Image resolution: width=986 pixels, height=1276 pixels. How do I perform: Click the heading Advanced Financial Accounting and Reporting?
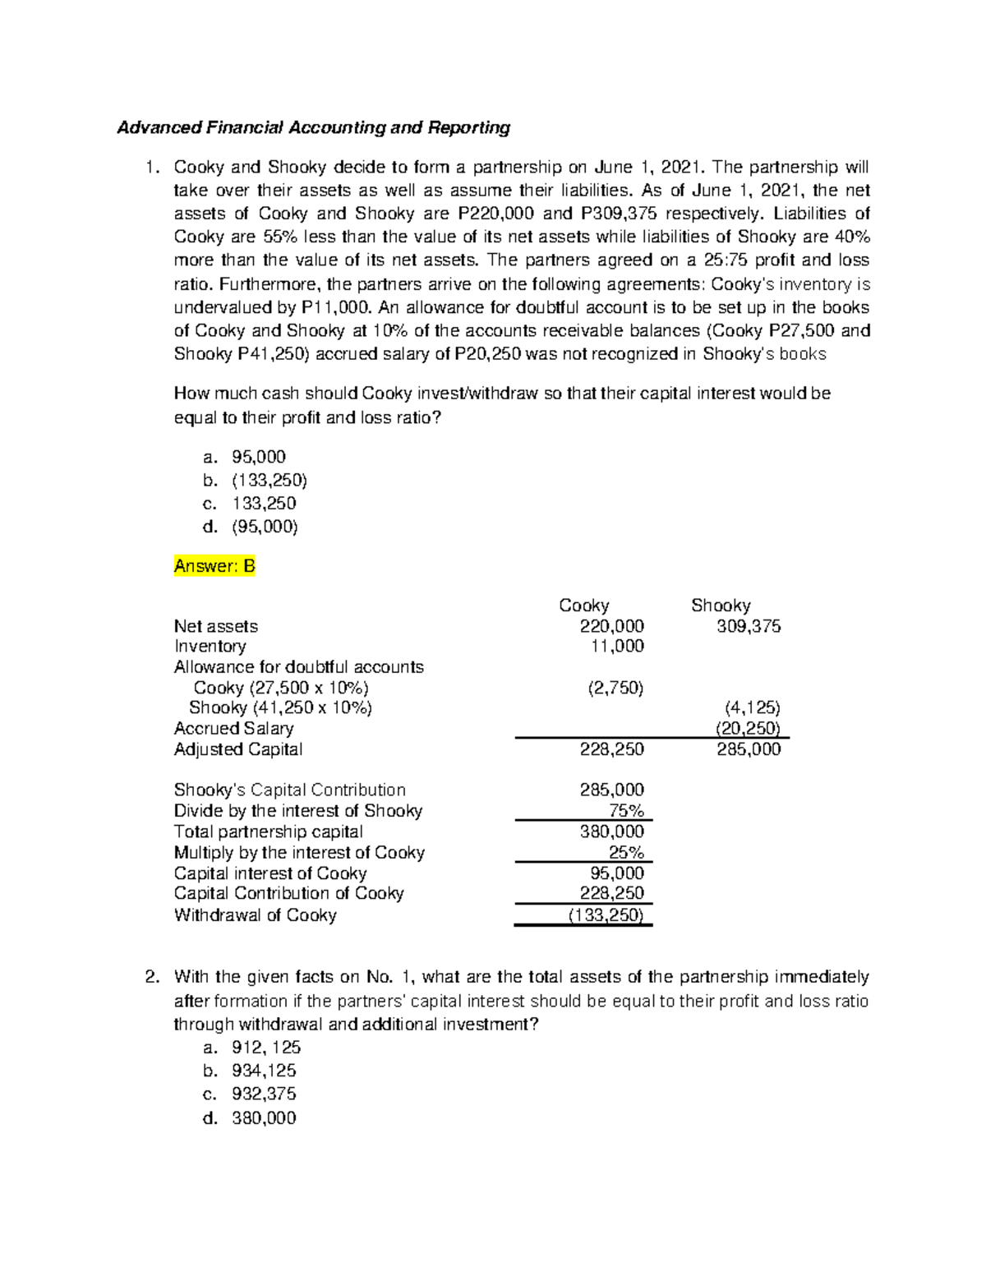pyautogui.click(x=313, y=127)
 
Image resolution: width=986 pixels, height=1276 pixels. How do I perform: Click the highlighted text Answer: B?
pyautogui.click(x=214, y=566)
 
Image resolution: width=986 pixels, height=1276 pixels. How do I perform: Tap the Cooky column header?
pyautogui.click(x=583, y=606)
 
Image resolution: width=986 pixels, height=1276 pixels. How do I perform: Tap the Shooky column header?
pyautogui.click(x=721, y=606)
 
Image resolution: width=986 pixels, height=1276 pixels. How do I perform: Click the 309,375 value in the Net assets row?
pyautogui.click(x=749, y=626)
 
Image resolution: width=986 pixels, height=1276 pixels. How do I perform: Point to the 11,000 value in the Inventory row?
pyautogui.click(x=617, y=647)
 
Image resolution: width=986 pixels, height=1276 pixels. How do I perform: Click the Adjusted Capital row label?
pyautogui.click(x=238, y=749)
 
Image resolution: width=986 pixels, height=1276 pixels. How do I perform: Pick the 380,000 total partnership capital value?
pyautogui.click(x=612, y=831)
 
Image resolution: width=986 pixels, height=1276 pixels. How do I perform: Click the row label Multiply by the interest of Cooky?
pyautogui.click(x=299, y=853)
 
